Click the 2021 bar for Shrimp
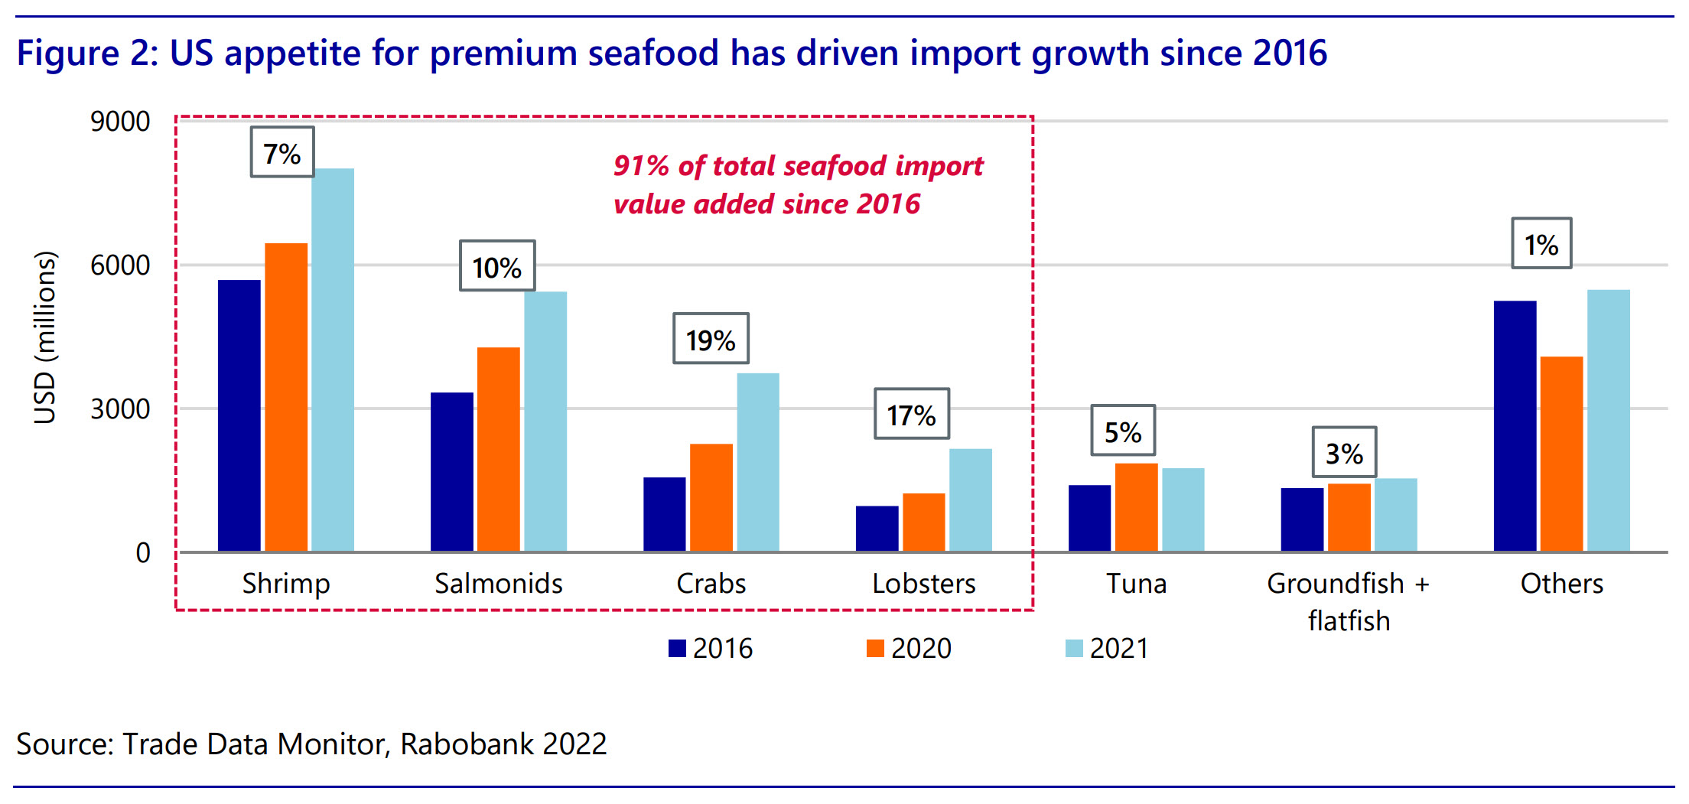point(333,360)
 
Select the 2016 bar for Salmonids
point(452,472)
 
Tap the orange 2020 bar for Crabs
point(711,497)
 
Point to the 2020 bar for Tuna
point(1137,507)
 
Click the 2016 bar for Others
point(1515,426)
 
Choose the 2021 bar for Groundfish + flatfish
point(1396,515)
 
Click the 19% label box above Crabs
point(711,339)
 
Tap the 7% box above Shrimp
point(282,152)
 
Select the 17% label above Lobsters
point(912,414)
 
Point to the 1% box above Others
point(1541,244)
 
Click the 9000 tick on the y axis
point(120,122)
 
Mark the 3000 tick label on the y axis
point(120,409)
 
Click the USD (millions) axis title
point(45,337)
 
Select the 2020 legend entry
point(910,649)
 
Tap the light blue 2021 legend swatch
point(1074,649)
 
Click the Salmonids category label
point(499,584)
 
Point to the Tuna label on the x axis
point(1137,584)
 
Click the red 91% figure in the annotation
point(641,166)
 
